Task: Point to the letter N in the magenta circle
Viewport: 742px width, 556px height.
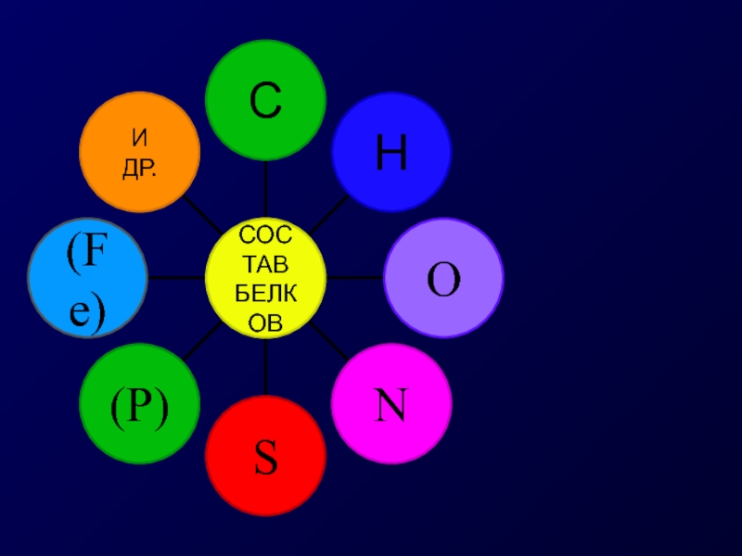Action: coord(391,405)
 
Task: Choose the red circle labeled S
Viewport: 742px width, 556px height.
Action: coord(265,458)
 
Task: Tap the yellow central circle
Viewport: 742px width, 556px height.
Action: coord(265,278)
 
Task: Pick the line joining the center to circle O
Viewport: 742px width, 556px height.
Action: coord(355,277)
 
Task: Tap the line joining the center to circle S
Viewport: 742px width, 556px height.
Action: coord(265,368)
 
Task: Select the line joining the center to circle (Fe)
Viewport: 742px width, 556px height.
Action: coord(176,277)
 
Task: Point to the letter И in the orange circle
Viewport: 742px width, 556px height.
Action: coord(139,140)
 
